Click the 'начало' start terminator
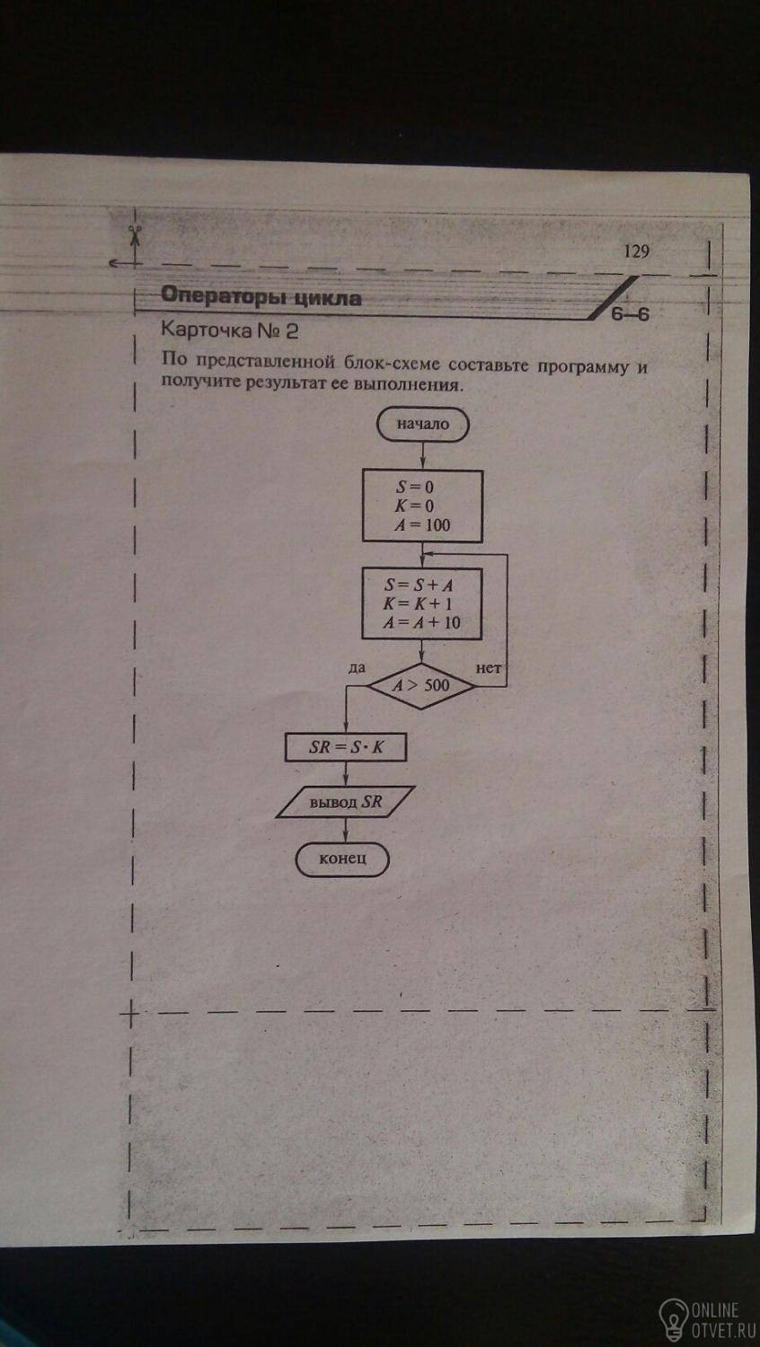(422, 424)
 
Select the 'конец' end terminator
(341, 858)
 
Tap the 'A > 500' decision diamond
(421, 686)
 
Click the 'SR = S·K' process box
(345, 747)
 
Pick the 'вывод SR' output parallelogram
(345, 802)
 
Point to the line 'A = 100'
(422, 525)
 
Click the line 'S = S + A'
(420, 585)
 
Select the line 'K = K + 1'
(419, 603)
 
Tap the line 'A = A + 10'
(421, 622)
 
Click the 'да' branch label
(357, 667)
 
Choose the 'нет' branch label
(488, 668)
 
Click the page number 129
(636, 251)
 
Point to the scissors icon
(134, 234)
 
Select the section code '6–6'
(630, 314)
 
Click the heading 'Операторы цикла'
(261, 295)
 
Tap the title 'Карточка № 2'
(229, 330)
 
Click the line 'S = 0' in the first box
(415, 487)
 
